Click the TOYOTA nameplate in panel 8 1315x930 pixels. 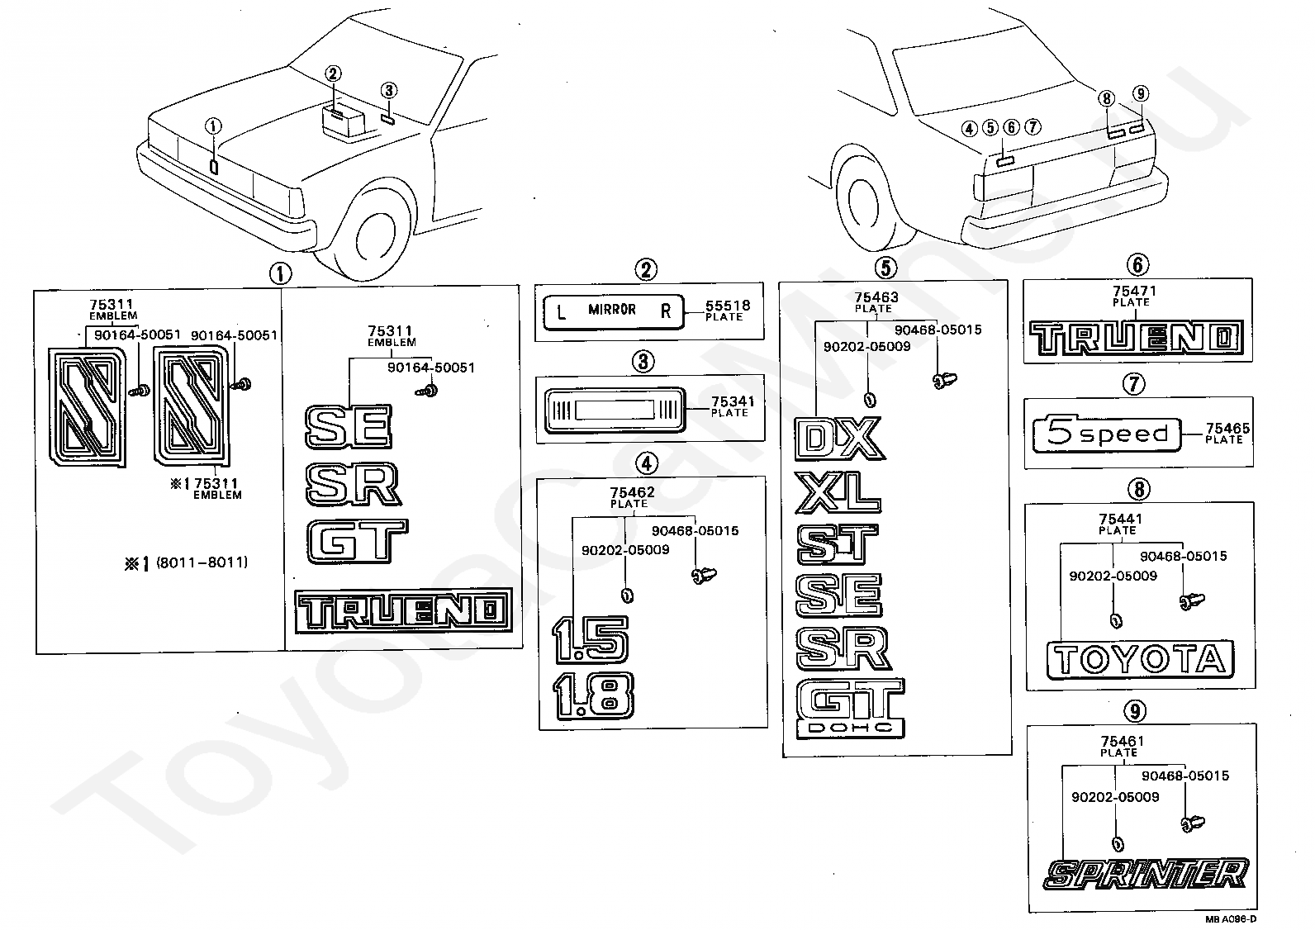1140,660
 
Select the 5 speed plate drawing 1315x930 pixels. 1106,434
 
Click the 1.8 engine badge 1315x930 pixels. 592,694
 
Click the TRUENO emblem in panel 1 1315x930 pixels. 403,611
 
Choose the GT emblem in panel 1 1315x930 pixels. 357,541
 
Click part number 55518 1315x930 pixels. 728,306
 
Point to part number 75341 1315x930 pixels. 733,401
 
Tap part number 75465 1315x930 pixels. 1227,429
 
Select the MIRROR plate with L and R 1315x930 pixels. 613,311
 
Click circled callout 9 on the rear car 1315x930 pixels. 1140,93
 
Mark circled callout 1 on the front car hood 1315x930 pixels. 214,126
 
